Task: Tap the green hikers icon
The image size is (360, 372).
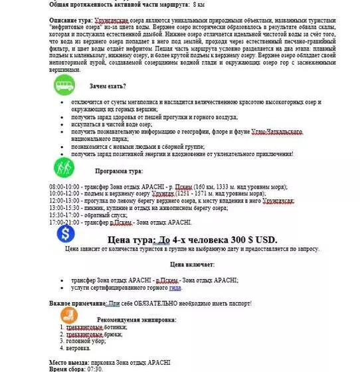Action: [x=64, y=166]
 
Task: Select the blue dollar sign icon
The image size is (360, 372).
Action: [x=64, y=233]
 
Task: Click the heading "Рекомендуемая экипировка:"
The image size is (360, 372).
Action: [x=136, y=320]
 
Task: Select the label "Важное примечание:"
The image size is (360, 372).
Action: [x=77, y=304]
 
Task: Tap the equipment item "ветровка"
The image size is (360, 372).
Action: [x=78, y=348]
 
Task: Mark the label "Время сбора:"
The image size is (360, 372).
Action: [x=67, y=368]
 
